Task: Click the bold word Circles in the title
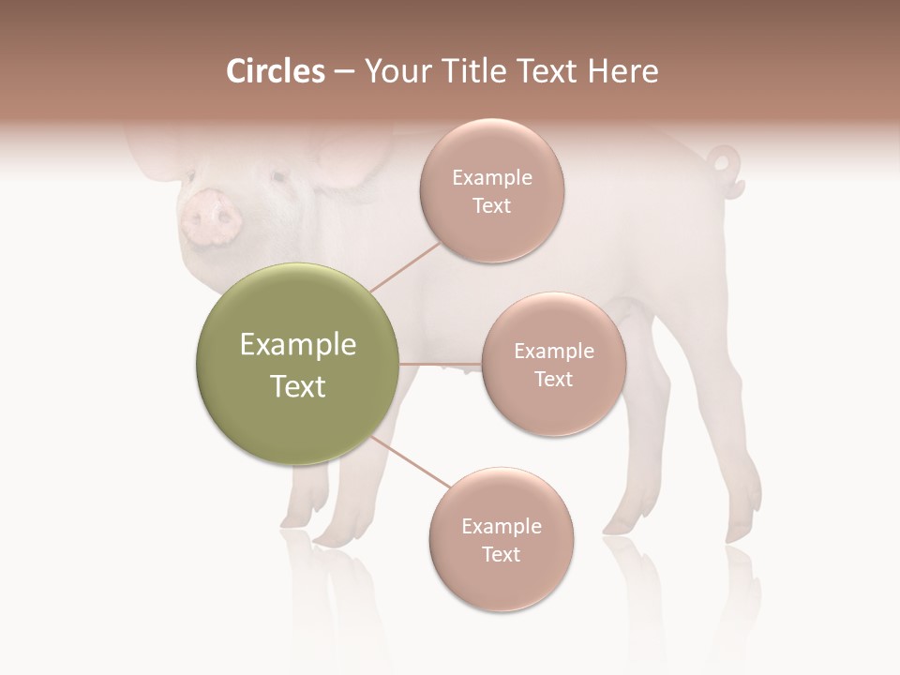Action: pyautogui.click(x=276, y=71)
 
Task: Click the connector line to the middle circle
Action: pyautogui.click(x=441, y=363)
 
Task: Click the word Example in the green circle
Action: pyautogui.click(x=297, y=345)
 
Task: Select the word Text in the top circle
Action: pyautogui.click(x=491, y=206)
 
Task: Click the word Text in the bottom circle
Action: pyautogui.click(x=501, y=554)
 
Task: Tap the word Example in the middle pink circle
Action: pyautogui.click(x=553, y=351)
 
